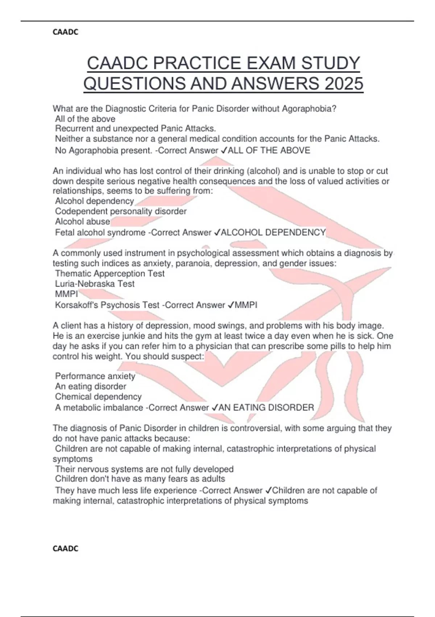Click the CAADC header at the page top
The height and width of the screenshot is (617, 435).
[65, 32]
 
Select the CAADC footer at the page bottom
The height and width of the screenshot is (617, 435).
[65, 548]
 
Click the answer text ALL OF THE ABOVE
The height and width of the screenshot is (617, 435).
[269, 150]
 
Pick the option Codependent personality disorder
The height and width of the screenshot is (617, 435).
[121, 211]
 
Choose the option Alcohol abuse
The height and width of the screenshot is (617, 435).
[83, 221]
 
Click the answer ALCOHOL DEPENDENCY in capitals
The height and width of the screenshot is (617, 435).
[273, 232]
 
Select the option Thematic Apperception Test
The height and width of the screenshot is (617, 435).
[110, 273]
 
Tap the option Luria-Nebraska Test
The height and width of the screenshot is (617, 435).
[95, 283]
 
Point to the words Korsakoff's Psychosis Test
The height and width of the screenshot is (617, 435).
[107, 305]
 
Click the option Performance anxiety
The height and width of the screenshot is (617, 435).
[95, 376]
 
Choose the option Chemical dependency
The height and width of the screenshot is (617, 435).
[98, 396]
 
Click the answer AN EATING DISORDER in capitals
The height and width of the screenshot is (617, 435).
[266, 408]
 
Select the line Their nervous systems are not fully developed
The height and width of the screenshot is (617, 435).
[144, 469]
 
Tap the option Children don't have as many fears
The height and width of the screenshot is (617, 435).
[140, 479]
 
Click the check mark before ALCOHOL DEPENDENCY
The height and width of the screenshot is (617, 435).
[217, 232]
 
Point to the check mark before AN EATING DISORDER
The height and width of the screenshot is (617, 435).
[215, 408]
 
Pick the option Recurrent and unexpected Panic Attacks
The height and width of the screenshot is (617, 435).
[136, 128]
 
